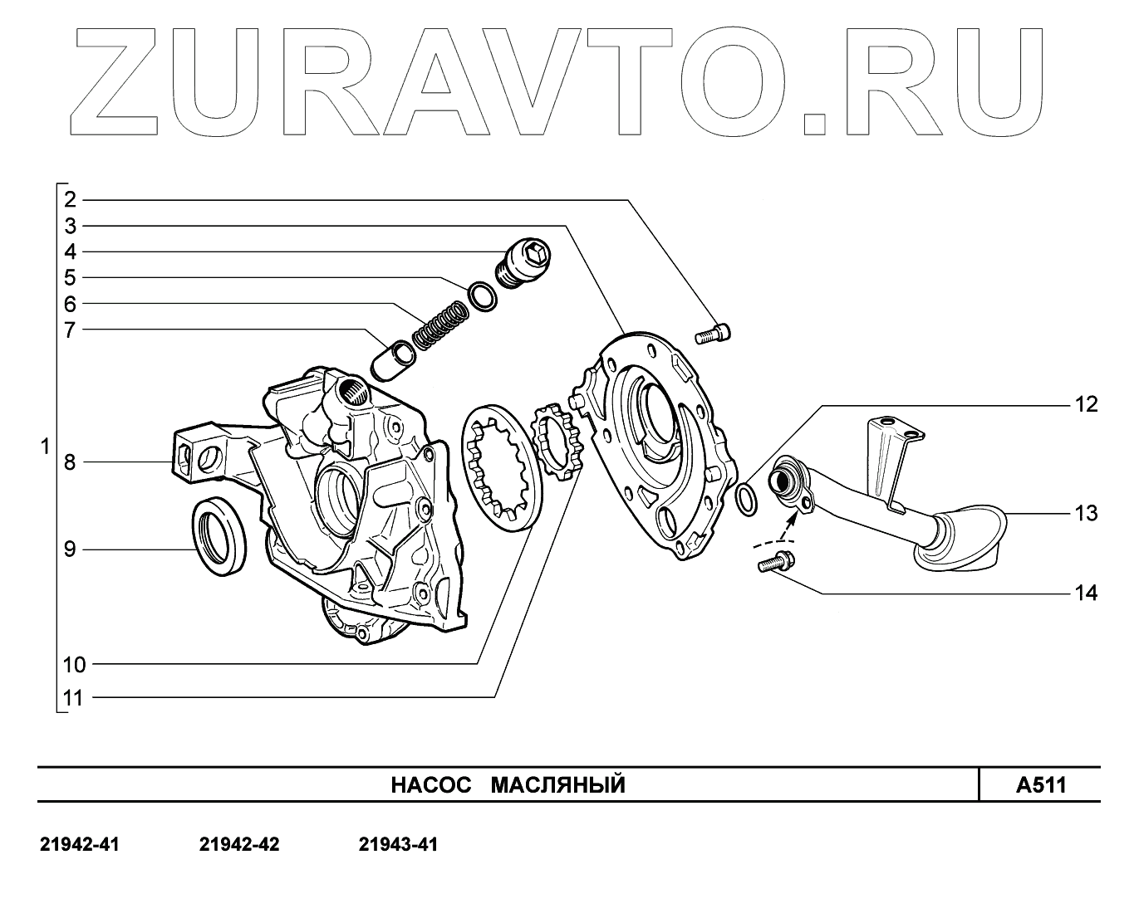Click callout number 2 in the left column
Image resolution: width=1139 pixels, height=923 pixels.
point(71,199)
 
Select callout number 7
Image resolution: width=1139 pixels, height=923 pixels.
point(71,330)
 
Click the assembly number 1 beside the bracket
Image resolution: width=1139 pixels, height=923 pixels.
point(45,447)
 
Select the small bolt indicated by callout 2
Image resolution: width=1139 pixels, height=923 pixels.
point(712,335)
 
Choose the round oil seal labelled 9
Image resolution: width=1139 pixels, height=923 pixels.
point(220,536)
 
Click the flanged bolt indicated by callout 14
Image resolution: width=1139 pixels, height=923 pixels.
point(774,564)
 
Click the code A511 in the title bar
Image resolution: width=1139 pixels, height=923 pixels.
point(1040,785)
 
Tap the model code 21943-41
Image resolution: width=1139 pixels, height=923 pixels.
point(398,845)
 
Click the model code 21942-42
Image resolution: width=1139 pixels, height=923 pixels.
point(239,845)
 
